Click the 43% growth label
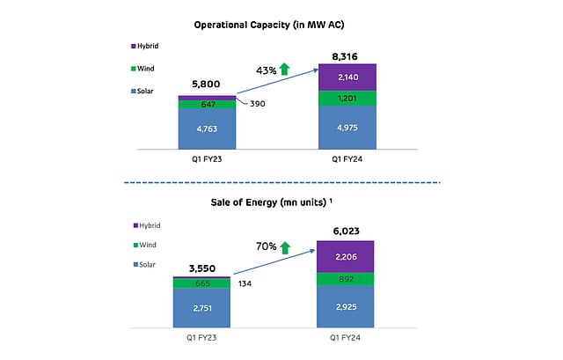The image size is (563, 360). coord(267,70)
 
